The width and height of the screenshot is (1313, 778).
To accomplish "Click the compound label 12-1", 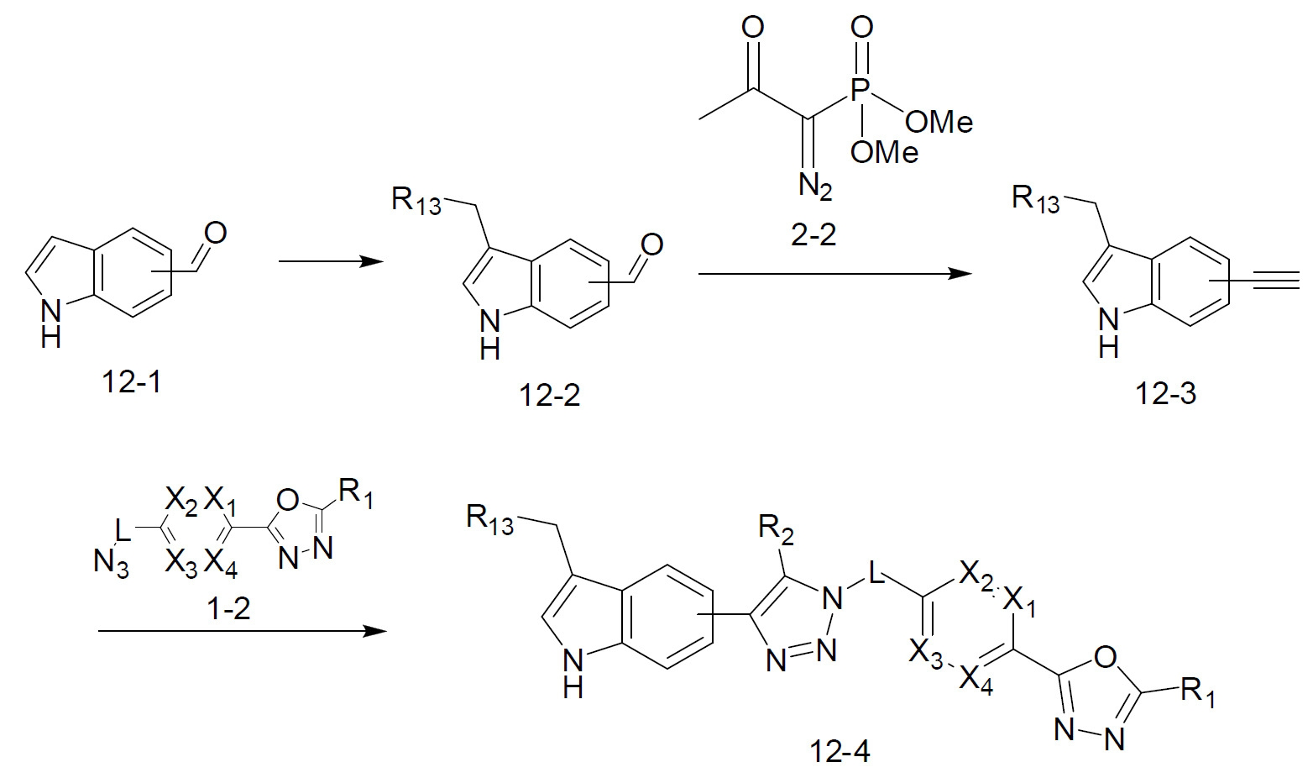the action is tap(131, 382).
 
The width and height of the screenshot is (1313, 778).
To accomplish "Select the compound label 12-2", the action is tap(549, 396).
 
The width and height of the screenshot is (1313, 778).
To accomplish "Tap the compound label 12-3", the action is tap(1165, 394).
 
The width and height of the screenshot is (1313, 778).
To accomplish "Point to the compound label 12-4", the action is tap(840, 752).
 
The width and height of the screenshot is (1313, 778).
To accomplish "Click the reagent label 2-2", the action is tap(813, 234).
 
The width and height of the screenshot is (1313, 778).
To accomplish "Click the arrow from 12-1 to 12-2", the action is tap(331, 261).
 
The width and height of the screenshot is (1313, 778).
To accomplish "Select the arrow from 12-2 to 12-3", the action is tap(834, 273).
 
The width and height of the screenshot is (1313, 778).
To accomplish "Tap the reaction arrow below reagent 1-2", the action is tap(242, 631).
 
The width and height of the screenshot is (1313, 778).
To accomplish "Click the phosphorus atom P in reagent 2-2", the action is tap(861, 91).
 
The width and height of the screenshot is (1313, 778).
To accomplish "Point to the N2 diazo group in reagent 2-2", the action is tap(815, 187).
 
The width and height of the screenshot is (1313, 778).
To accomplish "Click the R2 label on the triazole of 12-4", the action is tap(776, 529).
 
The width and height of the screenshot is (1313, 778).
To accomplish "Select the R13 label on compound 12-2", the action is tap(416, 202).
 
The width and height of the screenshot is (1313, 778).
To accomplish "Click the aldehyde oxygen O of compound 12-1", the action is tap(215, 234).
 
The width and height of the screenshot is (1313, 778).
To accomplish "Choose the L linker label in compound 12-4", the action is tap(876, 572).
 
